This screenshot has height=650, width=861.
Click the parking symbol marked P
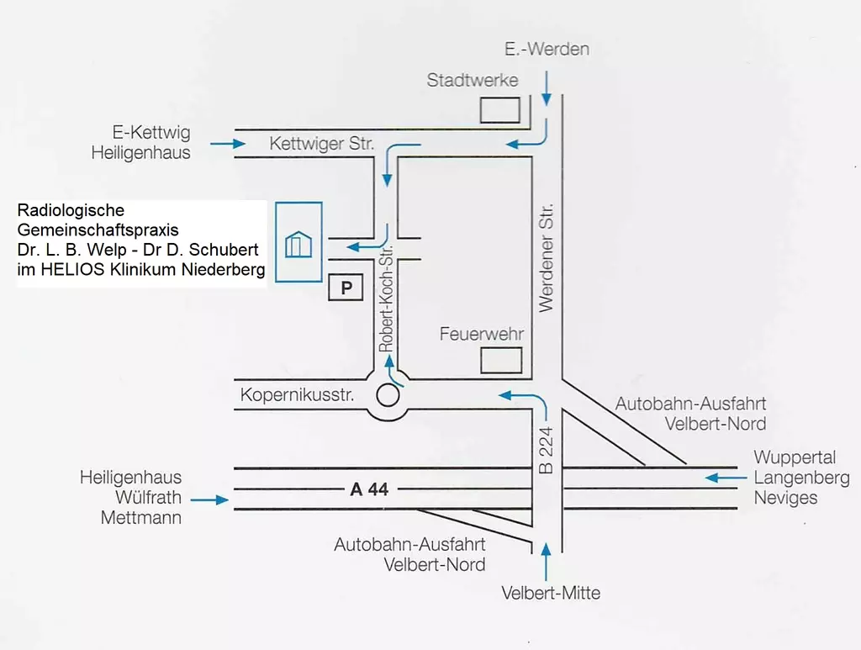[345, 288]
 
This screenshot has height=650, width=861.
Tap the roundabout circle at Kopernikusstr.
[388, 394]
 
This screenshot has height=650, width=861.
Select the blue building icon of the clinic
[298, 244]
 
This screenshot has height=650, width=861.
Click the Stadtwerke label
[473, 81]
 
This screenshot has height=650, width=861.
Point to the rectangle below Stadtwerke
[499, 110]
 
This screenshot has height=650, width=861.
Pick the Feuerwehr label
[482, 334]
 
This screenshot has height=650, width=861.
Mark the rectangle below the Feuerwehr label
[501, 361]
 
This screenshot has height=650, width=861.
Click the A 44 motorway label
[369, 489]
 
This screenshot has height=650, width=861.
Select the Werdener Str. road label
[547, 257]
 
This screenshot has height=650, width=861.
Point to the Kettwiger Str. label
[322, 144]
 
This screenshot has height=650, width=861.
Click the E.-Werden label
[547, 49]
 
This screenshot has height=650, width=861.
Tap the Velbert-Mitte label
[551, 593]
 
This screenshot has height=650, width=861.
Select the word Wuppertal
[795, 457]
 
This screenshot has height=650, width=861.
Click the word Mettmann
[140, 518]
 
